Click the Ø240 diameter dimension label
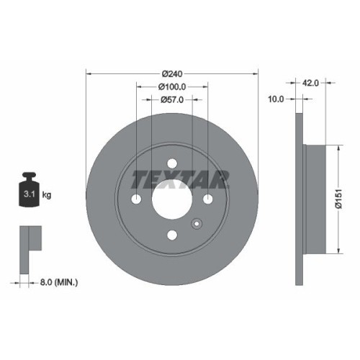(x=172, y=74)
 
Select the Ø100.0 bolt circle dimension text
(x=172, y=86)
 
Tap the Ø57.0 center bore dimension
(x=172, y=99)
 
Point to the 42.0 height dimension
(x=310, y=83)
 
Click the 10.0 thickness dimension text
(x=276, y=99)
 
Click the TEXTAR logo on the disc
(x=172, y=177)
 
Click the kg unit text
(x=47, y=195)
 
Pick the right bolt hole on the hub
(x=207, y=199)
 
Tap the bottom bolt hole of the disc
(x=172, y=235)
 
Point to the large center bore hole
(x=172, y=199)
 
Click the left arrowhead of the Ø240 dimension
(x=88, y=73)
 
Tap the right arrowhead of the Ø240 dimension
(x=256, y=73)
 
